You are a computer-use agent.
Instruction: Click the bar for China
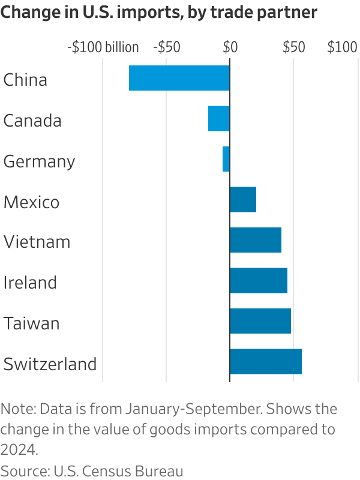pyautogui.click(x=179, y=78)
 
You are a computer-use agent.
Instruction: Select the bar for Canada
pyautogui.click(x=218, y=118)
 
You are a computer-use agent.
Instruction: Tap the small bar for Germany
pyautogui.click(x=226, y=159)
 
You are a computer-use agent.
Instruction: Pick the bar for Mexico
pyautogui.click(x=243, y=199)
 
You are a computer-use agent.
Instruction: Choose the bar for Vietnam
pyautogui.click(x=256, y=240)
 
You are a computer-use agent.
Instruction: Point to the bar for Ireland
pyautogui.click(x=259, y=280)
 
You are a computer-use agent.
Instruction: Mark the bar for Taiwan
pyautogui.click(x=260, y=321)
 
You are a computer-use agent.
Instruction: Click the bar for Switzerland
pyautogui.click(x=266, y=361)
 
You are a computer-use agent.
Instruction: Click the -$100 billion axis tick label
pyautogui.click(x=103, y=48)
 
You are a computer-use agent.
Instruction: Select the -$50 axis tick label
pyautogui.click(x=167, y=48)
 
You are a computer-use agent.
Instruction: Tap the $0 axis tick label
pyautogui.click(x=230, y=48)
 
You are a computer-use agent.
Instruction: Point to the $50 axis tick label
pyautogui.click(x=293, y=48)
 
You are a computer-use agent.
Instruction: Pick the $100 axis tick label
pyautogui.click(x=342, y=48)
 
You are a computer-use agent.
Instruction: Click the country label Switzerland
pyautogui.click(x=50, y=364)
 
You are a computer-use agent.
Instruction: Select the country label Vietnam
pyautogui.click(x=37, y=242)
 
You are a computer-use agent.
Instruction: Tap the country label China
pyautogui.click(x=25, y=80)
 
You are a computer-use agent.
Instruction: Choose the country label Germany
pyautogui.click(x=40, y=161)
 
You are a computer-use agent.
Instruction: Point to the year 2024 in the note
pyautogui.click(x=17, y=449)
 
